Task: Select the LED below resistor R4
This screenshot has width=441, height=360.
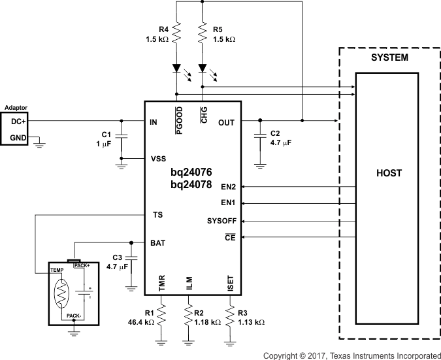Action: click(177, 68)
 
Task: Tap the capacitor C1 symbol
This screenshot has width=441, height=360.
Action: click(122, 137)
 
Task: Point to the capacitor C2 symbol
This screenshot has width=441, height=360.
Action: click(260, 137)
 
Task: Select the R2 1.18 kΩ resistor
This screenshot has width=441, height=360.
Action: click(188, 317)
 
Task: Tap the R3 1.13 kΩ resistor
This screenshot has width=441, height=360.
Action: click(230, 317)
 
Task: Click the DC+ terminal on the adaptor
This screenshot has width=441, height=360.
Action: click(18, 121)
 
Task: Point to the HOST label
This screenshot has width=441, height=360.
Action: click(389, 173)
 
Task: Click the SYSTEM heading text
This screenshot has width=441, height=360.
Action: click(389, 57)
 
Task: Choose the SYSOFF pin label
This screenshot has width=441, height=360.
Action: click(221, 221)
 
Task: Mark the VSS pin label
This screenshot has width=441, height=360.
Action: click(158, 159)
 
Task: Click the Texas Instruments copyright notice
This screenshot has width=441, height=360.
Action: click(351, 355)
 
